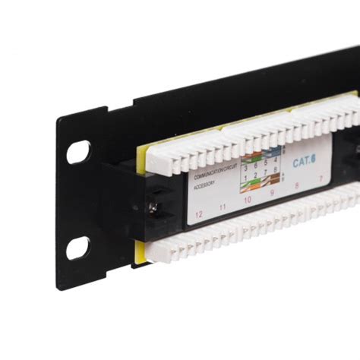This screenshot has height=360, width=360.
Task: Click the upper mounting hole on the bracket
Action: pos(77,152)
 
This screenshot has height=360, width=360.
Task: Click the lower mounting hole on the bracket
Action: pos(77,248)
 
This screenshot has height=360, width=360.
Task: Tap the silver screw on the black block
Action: pos(154,206)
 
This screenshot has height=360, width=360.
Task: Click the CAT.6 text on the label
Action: pos(304,162)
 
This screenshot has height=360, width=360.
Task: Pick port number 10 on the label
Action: pos(248,201)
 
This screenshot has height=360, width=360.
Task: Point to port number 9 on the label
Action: pos(271,193)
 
